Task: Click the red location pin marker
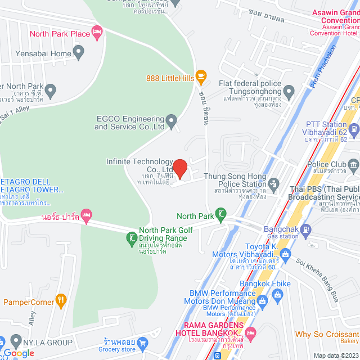[x=179, y=168]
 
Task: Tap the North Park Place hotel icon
[x=97, y=34]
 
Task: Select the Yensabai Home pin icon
[x=79, y=54]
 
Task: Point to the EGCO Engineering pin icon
[x=172, y=120]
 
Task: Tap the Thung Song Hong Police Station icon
[x=274, y=183]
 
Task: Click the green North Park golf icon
[x=222, y=215]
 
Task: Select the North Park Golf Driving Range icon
[x=131, y=238]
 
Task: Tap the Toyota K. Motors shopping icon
[x=286, y=254]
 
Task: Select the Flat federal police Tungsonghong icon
[x=289, y=91]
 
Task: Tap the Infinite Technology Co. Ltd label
[x=139, y=165]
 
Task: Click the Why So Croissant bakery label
[x=326, y=335]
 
